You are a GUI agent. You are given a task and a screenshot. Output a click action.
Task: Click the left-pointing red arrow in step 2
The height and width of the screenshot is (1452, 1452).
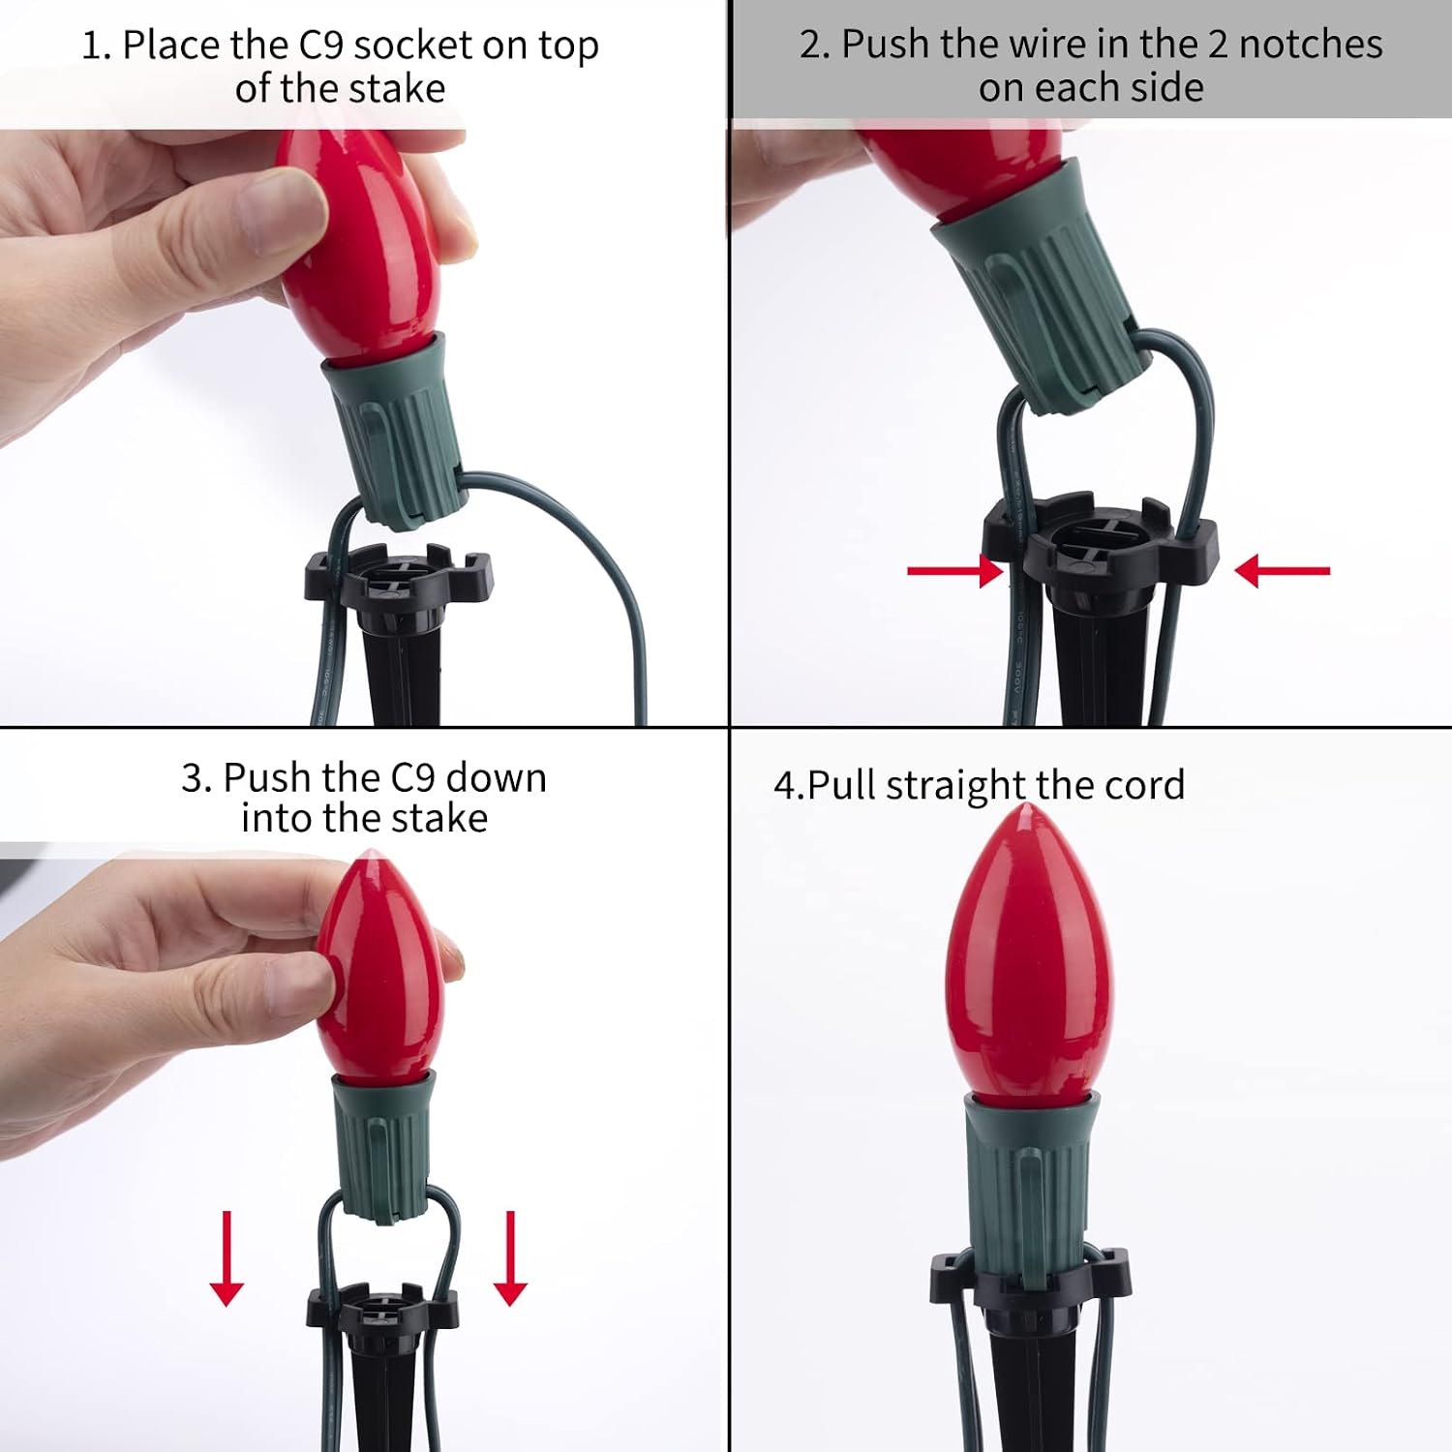(x=1283, y=570)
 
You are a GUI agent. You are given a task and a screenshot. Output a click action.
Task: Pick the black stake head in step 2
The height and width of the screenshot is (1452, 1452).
(x=1101, y=542)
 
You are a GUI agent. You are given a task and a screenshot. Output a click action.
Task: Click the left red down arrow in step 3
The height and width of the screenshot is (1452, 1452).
(x=227, y=1258)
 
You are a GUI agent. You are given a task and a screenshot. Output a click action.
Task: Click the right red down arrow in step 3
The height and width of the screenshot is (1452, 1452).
(x=510, y=1258)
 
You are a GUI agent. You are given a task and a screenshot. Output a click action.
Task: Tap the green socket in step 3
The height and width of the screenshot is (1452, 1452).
(x=380, y=1147)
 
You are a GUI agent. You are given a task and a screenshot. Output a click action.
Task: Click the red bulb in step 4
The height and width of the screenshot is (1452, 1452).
(x=1030, y=953)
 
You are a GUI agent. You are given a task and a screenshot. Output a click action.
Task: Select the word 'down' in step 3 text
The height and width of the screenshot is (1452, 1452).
(x=496, y=778)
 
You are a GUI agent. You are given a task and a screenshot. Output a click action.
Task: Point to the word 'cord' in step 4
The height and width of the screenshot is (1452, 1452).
(x=1144, y=785)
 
